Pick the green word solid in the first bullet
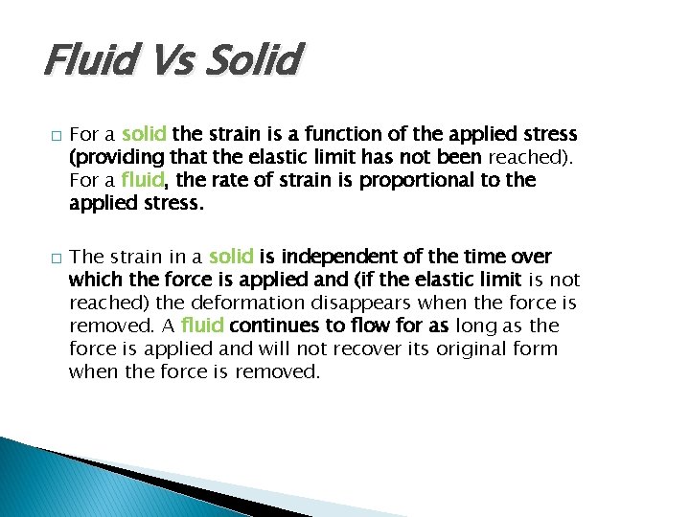tap(145, 133)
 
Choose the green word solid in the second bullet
tap(231, 256)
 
